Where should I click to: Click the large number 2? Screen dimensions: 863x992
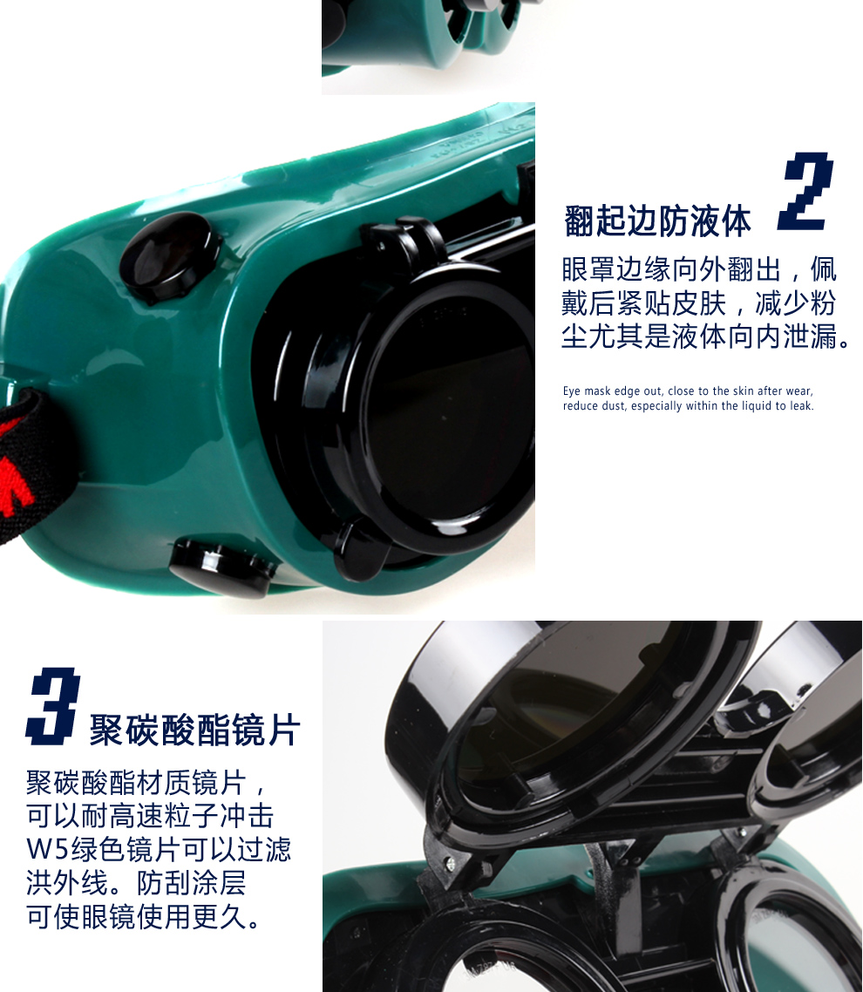[x=806, y=191]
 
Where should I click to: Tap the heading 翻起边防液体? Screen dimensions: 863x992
[x=657, y=221]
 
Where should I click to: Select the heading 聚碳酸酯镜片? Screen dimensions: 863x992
[x=195, y=730]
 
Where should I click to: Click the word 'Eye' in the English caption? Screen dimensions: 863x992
[x=572, y=391]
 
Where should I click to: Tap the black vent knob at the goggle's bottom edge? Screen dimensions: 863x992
[x=221, y=566]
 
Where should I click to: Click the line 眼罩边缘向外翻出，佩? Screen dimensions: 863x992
[x=699, y=268]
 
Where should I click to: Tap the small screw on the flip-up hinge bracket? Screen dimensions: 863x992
[x=450, y=862]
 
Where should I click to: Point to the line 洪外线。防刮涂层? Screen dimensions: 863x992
[x=136, y=882]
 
